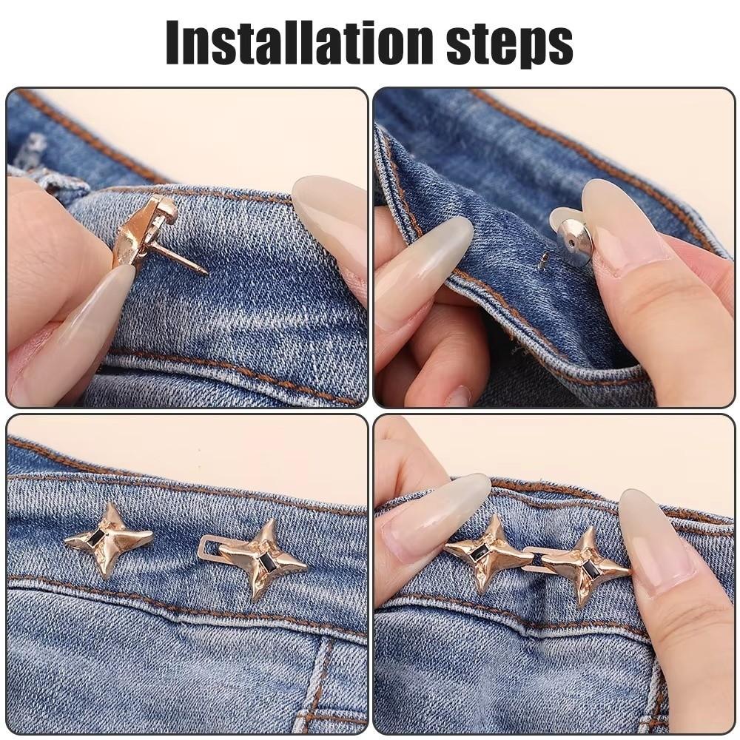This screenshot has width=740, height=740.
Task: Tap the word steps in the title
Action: point(510,43)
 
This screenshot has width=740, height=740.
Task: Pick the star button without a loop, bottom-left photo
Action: point(110,538)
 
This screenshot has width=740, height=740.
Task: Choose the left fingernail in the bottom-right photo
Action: point(437,518)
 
